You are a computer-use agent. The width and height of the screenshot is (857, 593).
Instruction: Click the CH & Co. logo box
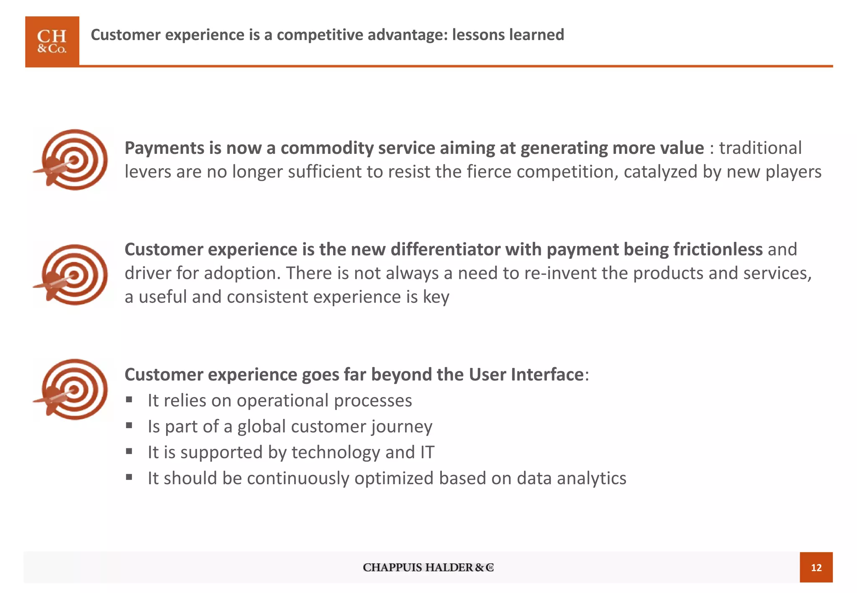[52, 41]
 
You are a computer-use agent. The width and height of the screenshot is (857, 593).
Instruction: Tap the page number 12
[816, 567]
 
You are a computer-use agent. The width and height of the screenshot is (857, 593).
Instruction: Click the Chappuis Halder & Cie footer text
[428, 567]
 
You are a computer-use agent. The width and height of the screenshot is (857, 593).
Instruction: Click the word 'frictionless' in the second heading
[718, 249]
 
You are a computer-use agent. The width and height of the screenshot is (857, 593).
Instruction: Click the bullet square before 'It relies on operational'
[129, 400]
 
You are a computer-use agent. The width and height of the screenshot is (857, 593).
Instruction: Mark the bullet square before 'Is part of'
[129, 426]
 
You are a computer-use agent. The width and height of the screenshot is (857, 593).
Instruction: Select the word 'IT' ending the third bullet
[427, 452]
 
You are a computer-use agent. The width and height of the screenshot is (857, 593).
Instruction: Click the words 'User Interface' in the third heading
[526, 374]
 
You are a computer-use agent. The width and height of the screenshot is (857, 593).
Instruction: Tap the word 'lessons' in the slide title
[477, 35]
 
